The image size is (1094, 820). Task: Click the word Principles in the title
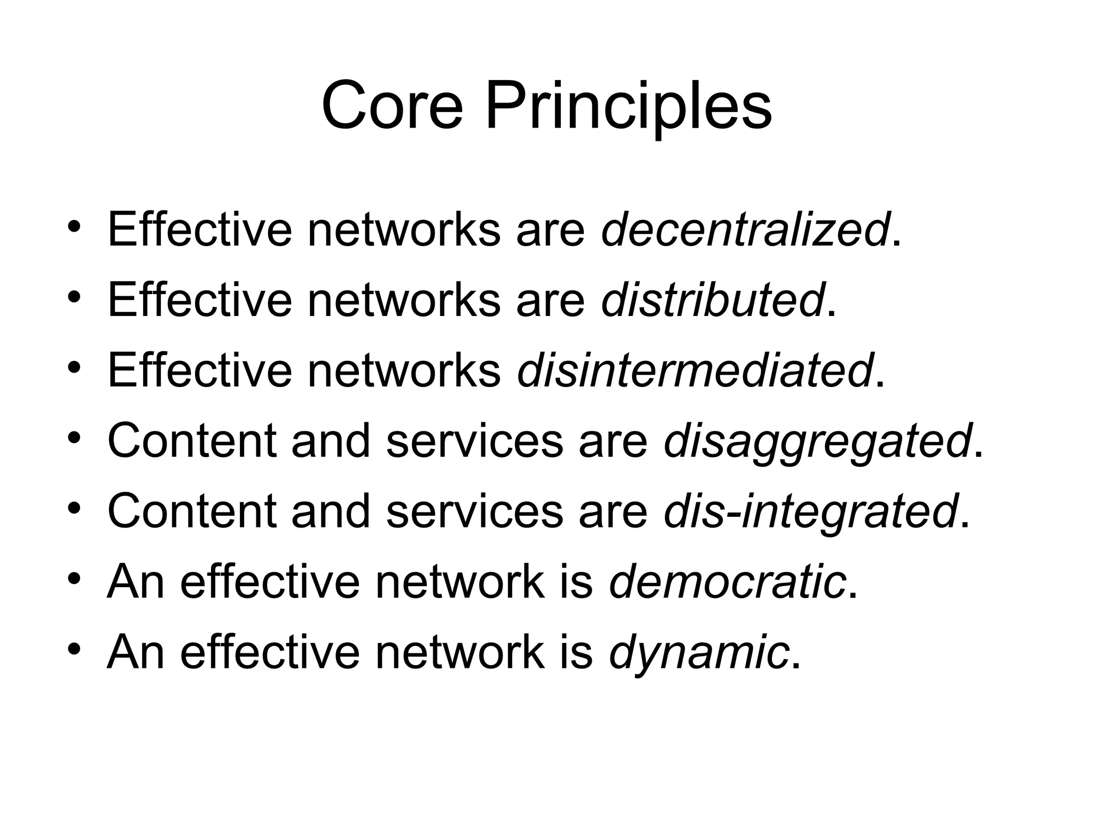628,107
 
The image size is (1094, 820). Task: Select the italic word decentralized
746,230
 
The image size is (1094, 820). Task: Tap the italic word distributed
713,301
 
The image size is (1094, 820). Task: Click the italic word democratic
728,581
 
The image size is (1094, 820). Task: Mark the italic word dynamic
699,652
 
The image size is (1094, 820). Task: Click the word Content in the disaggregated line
192,441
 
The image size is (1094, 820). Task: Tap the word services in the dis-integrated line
474,511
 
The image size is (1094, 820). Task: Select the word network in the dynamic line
459,652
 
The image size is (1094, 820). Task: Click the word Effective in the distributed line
200,301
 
